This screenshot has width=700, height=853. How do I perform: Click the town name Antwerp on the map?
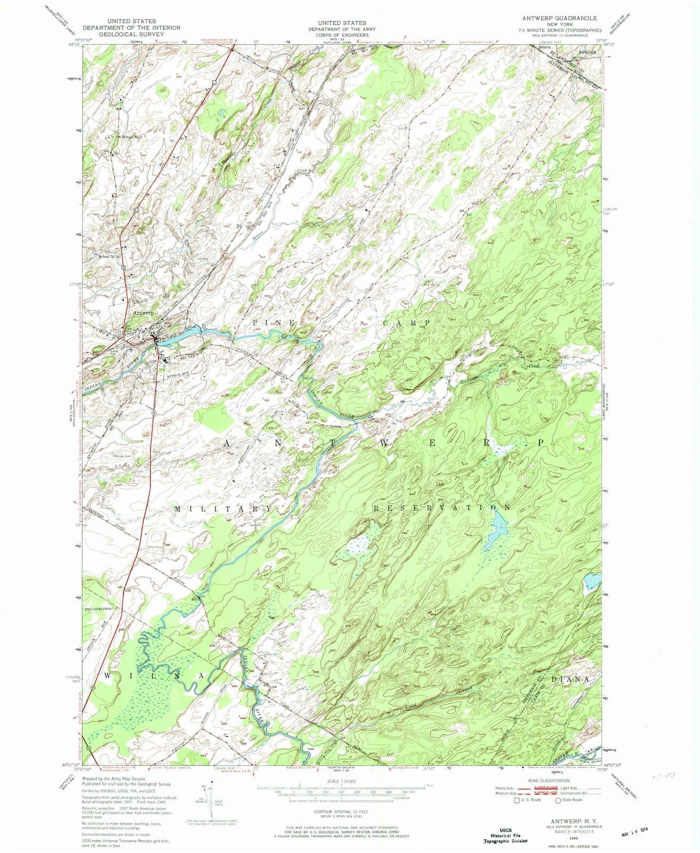142,313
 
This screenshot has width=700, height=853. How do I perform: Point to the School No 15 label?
111,256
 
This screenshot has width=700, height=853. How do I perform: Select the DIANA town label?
570,679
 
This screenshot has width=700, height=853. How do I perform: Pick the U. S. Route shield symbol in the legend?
516,800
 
